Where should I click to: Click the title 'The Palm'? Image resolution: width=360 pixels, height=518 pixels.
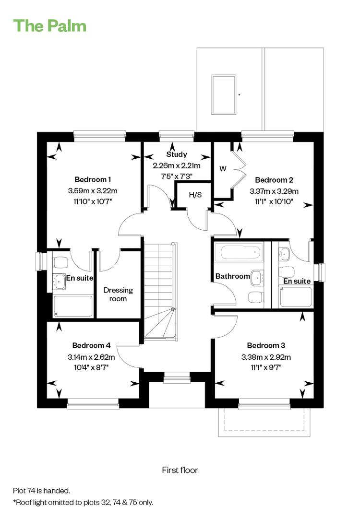coord(49,26)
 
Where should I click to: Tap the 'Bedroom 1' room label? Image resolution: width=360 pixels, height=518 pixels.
coord(93,179)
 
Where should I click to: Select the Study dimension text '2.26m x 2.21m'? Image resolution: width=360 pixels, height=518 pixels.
coord(177,165)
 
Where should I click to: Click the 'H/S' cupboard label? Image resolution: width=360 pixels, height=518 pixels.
coord(195,195)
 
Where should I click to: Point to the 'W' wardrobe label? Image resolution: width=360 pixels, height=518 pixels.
coord(223,168)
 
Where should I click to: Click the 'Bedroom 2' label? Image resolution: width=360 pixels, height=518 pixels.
coord(274,180)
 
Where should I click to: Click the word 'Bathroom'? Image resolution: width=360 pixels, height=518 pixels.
coord(233,276)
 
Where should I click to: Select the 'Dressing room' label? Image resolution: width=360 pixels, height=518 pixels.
coord(118,294)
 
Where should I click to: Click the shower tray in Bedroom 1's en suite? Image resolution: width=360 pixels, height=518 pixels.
coord(73,306)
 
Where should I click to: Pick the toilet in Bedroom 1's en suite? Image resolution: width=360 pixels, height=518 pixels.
coord(60,263)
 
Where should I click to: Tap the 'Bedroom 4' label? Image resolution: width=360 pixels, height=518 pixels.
coord(91,345)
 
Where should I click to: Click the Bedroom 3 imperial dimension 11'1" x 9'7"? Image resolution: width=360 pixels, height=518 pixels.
coord(266,367)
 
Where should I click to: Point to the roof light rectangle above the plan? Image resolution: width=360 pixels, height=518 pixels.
coord(224,94)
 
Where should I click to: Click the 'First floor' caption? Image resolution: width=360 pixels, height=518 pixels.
coord(180,470)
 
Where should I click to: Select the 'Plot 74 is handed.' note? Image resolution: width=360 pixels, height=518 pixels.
coord(41,491)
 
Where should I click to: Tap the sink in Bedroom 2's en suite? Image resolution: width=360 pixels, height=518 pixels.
coord(284,254)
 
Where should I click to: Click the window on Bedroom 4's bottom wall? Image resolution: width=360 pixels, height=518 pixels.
coord(93,404)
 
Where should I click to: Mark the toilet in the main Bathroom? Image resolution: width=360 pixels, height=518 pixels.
coord(256,297)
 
